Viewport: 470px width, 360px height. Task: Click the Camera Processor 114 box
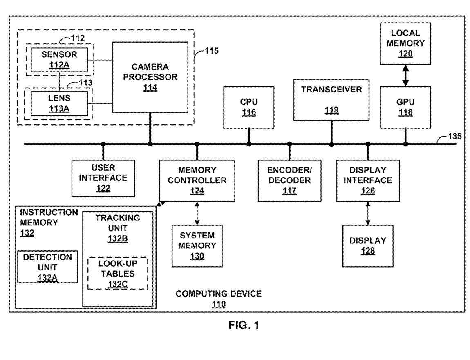click(150, 76)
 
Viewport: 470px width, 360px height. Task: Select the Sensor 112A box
click(57, 59)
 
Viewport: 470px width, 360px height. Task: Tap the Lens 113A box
click(57, 103)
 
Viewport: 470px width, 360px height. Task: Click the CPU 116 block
click(248, 107)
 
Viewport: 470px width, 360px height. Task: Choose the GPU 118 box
click(405, 107)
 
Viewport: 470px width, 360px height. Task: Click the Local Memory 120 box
click(405, 43)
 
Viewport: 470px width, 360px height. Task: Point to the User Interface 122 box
click(103, 178)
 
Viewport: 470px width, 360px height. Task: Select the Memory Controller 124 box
click(197, 180)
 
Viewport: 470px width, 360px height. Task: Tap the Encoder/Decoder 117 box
click(289, 180)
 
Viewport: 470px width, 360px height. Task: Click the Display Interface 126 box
click(367, 180)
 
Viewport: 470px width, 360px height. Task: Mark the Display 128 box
click(367, 245)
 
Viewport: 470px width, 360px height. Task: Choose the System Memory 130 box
click(197, 245)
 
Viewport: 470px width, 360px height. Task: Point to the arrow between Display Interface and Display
click(367, 213)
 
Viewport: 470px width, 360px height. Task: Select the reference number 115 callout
click(211, 51)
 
